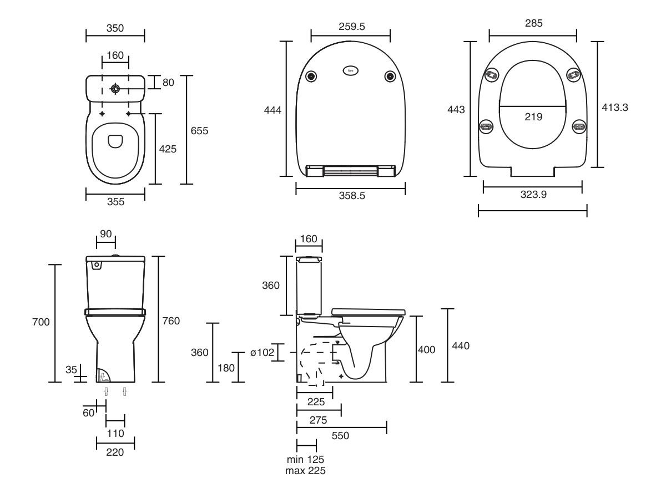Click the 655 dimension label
(x=199, y=131)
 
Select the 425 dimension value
(x=168, y=149)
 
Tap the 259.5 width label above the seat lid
(x=350, y=26)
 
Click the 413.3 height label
(x=615, y=108)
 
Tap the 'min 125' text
(x=305, y=460)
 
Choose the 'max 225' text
(x=305, y=471)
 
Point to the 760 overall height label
(x=171, y=321)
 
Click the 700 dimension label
(x=42, y=322)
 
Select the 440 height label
(x=460, y=346)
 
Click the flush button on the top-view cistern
(x=115, y=89)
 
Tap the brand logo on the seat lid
(x=351, y=71)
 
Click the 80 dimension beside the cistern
(x=168, y=83)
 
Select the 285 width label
(x=533, y=23)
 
